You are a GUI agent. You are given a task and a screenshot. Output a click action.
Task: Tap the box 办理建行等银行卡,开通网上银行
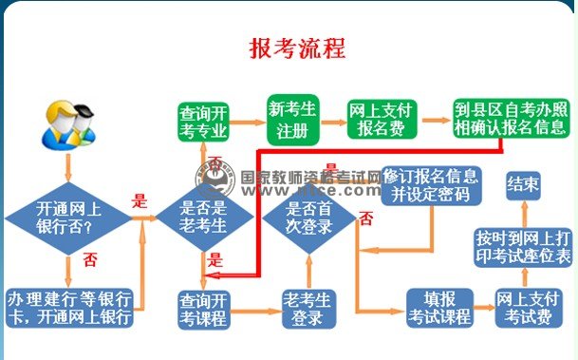(68, 306)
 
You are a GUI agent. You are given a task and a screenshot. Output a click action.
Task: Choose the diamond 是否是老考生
(205, 218)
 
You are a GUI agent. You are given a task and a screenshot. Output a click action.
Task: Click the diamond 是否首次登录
(308, 218)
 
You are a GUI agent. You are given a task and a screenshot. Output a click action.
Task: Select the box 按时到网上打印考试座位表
(524, 248)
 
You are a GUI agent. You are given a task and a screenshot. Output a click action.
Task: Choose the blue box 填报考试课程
(438, 308)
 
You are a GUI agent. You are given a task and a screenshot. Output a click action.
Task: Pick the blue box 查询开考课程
(203, 308)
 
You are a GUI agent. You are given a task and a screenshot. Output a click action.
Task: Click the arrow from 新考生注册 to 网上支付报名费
(331, 120)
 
